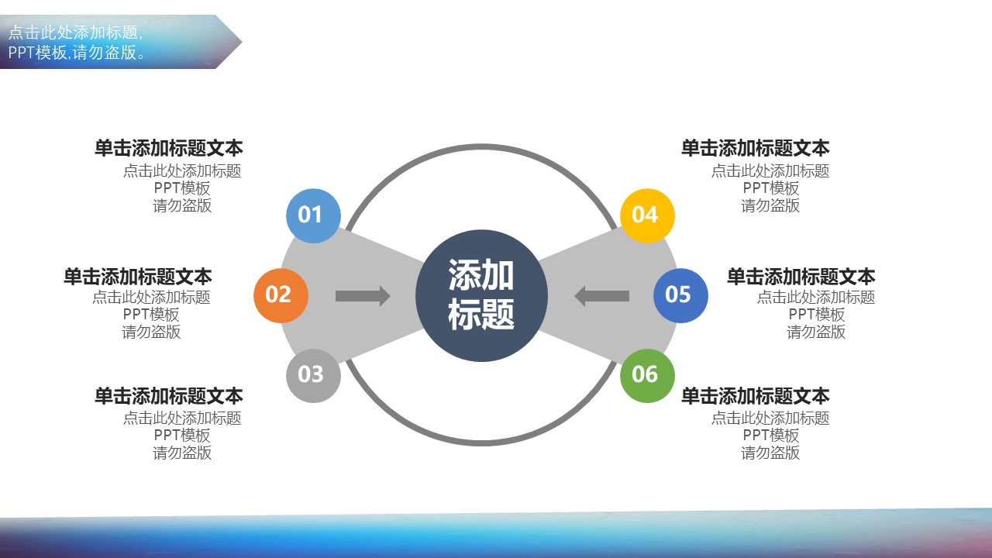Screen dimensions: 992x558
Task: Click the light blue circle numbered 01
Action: (x=314, y=215)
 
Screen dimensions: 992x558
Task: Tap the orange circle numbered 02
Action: (x=281, y=295)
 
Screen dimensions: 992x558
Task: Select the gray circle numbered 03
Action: (x=314, y=376)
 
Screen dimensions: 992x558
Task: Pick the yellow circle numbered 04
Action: (x=647, y=215)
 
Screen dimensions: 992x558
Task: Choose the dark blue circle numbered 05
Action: (x=680, y=295)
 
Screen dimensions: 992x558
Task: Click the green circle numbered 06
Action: (x=647, y=376)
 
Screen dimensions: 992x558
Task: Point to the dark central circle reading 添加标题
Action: (x=481, y=295)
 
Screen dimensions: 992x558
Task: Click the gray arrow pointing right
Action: (x=363, y=296)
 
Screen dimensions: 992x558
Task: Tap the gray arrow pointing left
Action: (x=602, y=296)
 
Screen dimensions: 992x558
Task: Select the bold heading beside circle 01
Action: (x=169, y=148)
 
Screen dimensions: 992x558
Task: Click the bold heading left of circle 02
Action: (x=138, y=277)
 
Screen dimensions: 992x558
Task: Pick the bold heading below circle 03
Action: (x=169, y=395)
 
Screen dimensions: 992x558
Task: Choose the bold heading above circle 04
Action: (x=755, y=148)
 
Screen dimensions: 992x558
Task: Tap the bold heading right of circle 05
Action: (x=801, y=277)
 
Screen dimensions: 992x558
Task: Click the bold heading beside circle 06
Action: (x=755, y=395)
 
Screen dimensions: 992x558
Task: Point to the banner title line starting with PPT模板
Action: (x=77, y=53)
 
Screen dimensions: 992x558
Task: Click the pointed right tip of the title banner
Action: (x=241, y=42)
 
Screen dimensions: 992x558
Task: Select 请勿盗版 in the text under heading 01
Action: (x=182, y=205)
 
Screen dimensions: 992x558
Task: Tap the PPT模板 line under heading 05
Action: (x=816, y=315)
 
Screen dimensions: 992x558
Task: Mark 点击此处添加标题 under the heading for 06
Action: (x=770, y=418)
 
